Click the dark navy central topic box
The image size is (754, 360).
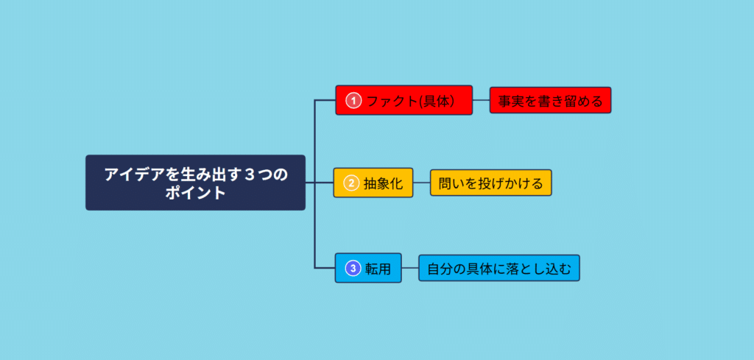[195, 183]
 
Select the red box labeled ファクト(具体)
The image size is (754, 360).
[404, 100]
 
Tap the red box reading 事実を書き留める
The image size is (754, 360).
[550, 100]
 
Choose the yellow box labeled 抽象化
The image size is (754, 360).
[373, 183]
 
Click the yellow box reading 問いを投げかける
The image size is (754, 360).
[490, 183]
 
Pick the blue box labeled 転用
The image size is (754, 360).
[368, 268]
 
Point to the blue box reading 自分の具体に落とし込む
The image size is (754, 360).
[499, 268]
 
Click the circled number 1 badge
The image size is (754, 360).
[353, 100]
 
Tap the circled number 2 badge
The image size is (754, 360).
[351, 183]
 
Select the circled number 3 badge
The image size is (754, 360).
[353, 268]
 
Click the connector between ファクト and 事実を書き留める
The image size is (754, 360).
[482, 100]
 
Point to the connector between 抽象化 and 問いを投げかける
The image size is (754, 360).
[421, 183]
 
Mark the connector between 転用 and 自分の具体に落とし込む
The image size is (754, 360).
[410, 268]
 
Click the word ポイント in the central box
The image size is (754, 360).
[195, 193]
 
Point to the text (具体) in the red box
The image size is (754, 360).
[436, 101]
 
